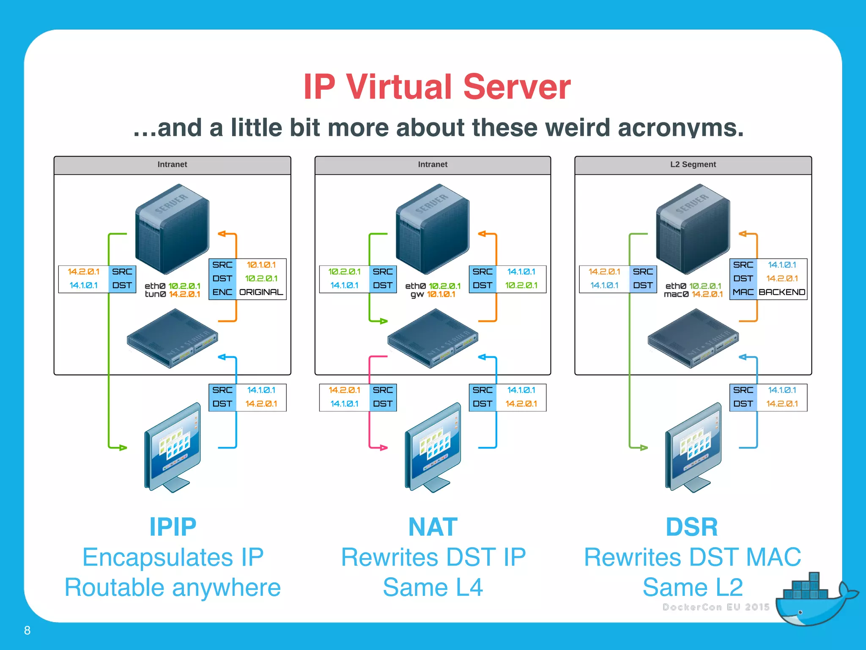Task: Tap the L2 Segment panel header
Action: coord(693,165)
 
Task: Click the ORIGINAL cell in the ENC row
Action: coord(261,292)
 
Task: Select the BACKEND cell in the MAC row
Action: coord(781,292)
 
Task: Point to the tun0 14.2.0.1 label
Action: coord(172,294)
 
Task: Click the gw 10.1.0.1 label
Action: coord(433,294)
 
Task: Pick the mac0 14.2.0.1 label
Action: coord(693,294)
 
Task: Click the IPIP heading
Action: coord(173,527)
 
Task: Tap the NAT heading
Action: coord(433,527)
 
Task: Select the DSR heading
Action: coord(692,527)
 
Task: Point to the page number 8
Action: coord(27,631)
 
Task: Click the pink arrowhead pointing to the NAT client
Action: coord(384,447)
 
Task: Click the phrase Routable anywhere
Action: coord(173,587)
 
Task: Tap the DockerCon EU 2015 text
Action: coord(715,607)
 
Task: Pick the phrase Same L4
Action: coord(433,587)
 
